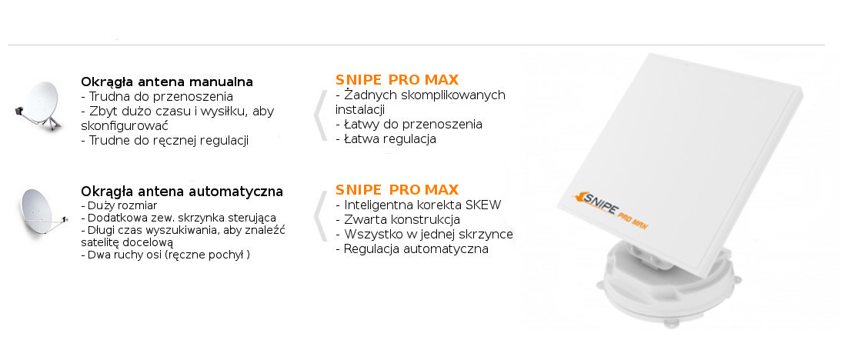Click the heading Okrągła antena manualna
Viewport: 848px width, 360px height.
(166, 82)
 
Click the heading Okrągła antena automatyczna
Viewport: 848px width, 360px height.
(182, 192)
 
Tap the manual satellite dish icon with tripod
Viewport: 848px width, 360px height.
(38, 106)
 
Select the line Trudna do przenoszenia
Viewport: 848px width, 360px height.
(157, 97)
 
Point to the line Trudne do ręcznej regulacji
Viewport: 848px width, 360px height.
(165, 141)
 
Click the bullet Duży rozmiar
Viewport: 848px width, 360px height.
(119, 206)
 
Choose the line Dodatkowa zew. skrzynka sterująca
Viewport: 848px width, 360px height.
(179, 218)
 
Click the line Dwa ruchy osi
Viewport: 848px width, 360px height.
(165, 255)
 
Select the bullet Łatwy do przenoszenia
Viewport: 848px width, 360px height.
(409, 125)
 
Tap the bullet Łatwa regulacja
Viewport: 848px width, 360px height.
(386, 139)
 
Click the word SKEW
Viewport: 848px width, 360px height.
(482, 205)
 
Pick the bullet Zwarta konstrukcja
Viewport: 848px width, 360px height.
(398, 220)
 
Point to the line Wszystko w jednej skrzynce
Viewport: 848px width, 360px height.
(424, 235)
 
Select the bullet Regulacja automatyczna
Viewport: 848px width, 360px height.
(412, 249)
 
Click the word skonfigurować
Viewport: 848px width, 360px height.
(125, 126)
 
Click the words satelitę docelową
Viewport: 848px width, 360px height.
(126, 243)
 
